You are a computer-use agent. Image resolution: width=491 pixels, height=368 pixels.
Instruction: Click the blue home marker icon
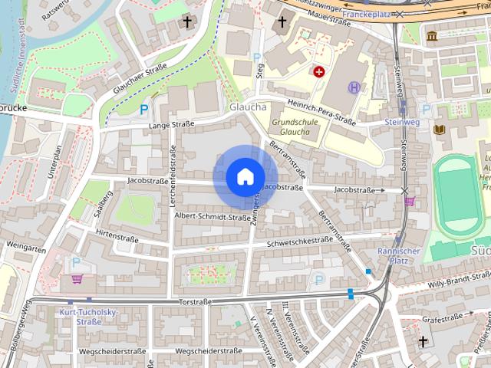coord(245,176)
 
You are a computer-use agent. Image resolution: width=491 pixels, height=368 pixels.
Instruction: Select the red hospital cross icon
coord(318,71)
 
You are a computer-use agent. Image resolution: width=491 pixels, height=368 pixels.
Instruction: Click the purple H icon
coord(354,87)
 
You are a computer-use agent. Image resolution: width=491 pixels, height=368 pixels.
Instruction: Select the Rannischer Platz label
coord(397,255)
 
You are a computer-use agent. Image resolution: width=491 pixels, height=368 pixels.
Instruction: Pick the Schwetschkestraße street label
coord(300,240)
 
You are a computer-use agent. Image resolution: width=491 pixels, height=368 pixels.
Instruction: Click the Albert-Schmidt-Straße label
coord(213,218)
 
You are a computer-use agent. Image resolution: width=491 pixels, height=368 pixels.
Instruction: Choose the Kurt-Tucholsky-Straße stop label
coord(80,317)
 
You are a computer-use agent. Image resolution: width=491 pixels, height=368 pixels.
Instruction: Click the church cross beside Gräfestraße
coord(423,340)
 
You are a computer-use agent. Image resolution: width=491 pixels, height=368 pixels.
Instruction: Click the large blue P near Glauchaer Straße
coord(143,110)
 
